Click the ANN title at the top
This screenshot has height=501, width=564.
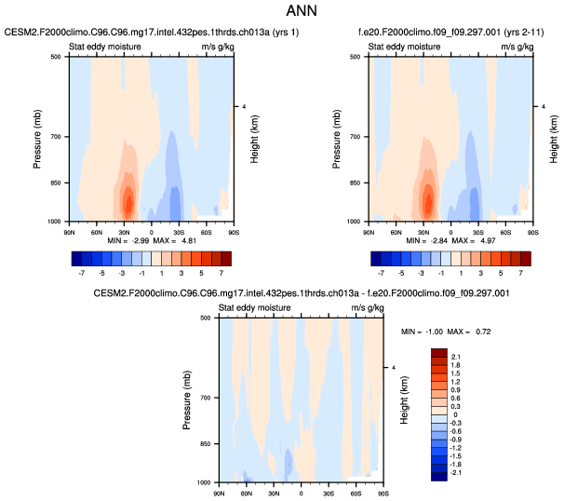tap(281, 13)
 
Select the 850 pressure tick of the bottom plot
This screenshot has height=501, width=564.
tap(208, 444)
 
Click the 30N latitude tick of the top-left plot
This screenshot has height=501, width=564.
tap(124, 228)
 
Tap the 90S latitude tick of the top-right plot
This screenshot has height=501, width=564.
tap(531, 228)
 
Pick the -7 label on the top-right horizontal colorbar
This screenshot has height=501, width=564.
tap(381, 274)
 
